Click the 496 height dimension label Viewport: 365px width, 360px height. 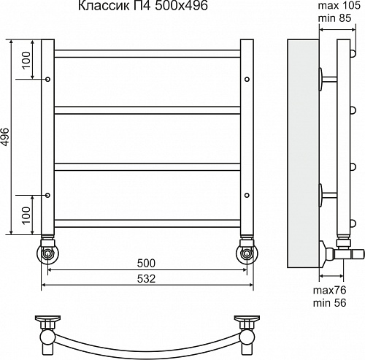click(7, 137)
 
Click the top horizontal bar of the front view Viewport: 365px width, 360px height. click(148, 53)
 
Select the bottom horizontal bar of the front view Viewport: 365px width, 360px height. click(148, 220)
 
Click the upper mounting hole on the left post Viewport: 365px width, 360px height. click(48, 78)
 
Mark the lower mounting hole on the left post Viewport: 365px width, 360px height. click(48, 196)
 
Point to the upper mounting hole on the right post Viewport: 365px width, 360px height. click(248, 78)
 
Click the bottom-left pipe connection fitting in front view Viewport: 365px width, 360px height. click(48, 253)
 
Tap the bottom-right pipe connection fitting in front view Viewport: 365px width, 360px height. click(247, 253)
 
